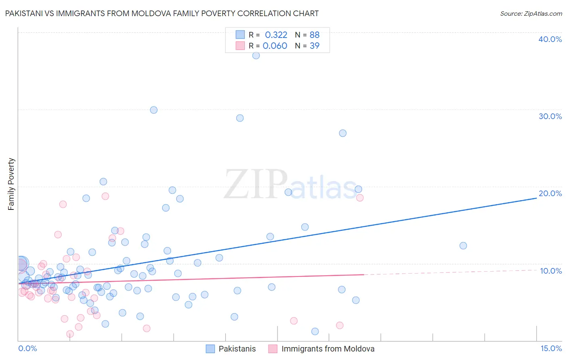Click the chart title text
tap(162, 14)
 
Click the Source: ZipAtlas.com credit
tap(531, 14)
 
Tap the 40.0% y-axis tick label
tap(550, 39)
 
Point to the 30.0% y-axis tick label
tap(550, 116)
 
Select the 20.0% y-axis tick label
tap(550, 193)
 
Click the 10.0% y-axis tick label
tap(551, 271)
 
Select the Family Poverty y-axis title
tap(11, 184)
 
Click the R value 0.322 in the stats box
tap(276, 35)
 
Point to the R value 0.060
tap(275, 46)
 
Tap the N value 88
tap(315, 35)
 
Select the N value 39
tap(315, 46)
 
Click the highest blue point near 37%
tap(256, 56)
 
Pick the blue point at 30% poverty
tap(154, 110)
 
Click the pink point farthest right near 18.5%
tap(360, 198)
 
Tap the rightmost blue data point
tap(463, 246)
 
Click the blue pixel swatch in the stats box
tap(240, 35)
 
